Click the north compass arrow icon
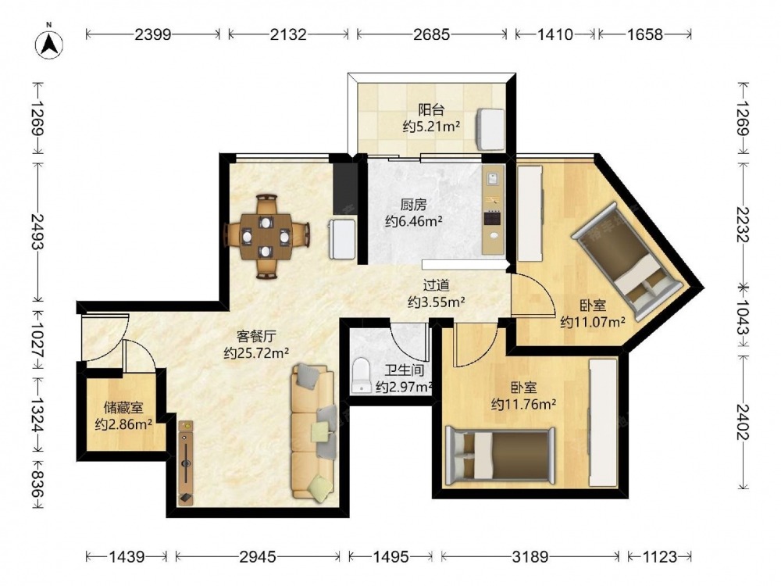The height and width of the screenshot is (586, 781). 48,45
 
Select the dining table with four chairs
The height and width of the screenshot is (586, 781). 266,236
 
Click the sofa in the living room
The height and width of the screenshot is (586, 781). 313,432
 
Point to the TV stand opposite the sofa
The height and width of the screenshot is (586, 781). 186,463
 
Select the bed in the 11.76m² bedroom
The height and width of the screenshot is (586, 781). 500,456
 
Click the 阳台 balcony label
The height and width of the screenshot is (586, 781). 431,109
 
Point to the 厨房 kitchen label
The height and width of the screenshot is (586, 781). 413,204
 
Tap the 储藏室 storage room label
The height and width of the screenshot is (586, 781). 123,408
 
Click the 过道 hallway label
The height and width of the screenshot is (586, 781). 437,285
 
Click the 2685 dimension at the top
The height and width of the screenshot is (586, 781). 431,34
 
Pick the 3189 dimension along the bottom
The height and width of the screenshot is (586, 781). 530,556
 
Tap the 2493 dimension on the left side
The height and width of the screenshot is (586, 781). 37,231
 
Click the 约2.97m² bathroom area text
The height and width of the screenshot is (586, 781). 404,387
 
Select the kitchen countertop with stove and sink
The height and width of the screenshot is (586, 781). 494,209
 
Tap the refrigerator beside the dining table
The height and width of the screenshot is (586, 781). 342,238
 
